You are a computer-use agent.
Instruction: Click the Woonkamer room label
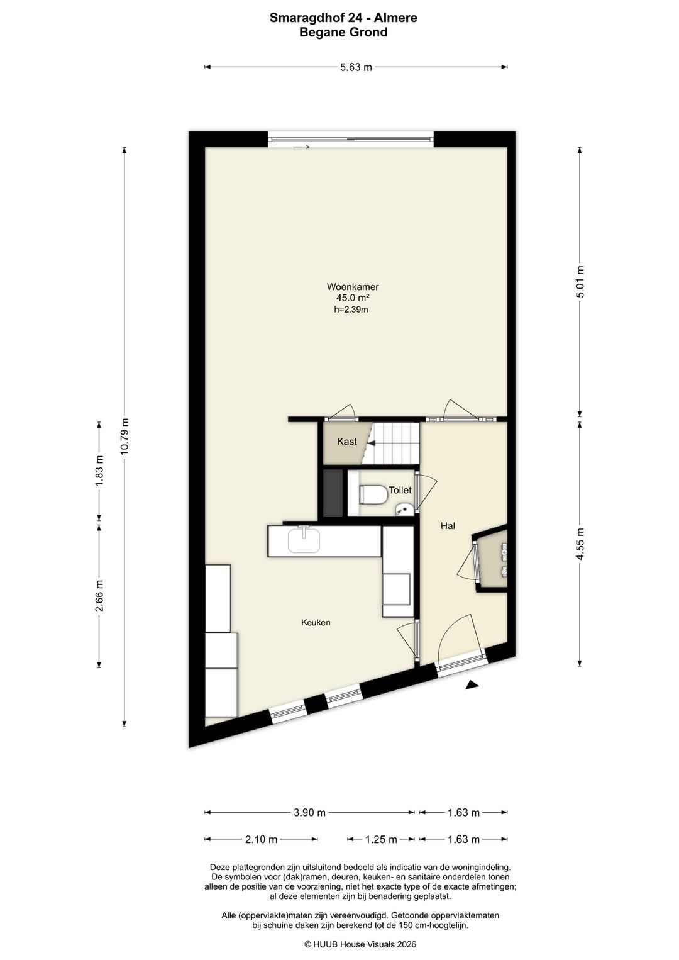tap(353, 287)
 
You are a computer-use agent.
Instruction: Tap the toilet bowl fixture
tap(373, 494)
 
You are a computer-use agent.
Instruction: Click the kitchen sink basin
tap(304, 540)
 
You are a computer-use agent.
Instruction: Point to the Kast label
tap(346, 442)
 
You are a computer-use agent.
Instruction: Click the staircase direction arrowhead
tap(372, 444)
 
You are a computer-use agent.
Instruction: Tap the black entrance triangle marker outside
tap(472, 685)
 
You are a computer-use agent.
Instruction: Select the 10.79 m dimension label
tap(124, 436)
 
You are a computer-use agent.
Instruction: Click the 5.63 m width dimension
tap(356, 67)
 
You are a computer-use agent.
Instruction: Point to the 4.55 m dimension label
tap(580, 544)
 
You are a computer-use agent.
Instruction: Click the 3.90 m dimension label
tap(310, 812)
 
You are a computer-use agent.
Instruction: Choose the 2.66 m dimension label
tap(99, 596)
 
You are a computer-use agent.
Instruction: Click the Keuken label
tap(316, 622)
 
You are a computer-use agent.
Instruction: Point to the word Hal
tap(448, 526)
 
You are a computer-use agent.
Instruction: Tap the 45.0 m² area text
tap(353, 298)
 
